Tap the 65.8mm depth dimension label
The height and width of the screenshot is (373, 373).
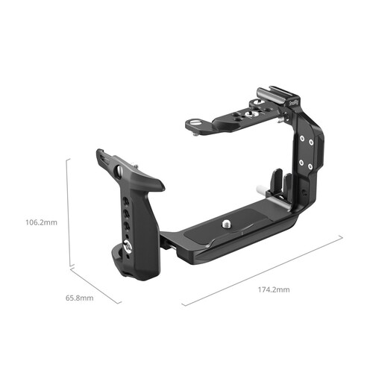80,298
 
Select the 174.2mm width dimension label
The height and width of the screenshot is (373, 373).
275,289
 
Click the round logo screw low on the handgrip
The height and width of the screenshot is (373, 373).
130,248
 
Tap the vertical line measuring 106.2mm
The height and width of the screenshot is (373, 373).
69,212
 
